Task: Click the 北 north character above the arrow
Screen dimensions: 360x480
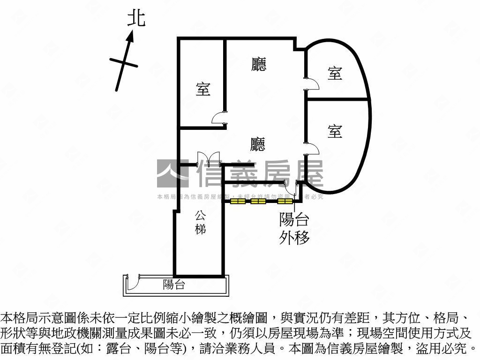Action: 136,19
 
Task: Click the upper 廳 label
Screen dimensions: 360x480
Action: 258,64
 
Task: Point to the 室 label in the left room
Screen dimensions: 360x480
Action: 203,89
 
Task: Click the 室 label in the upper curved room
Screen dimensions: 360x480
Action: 335,73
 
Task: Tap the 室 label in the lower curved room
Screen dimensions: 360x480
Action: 335,131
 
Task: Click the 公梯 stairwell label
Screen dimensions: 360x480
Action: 201,223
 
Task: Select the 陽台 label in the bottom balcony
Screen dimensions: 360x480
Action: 174,285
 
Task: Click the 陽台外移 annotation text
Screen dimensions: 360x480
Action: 294,228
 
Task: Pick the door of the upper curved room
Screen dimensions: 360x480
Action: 312,84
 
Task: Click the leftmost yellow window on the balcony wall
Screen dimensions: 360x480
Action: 238,202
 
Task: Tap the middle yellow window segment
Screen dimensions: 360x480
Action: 258,202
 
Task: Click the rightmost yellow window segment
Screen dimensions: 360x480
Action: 284,202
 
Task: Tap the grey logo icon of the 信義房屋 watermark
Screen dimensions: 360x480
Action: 172,173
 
